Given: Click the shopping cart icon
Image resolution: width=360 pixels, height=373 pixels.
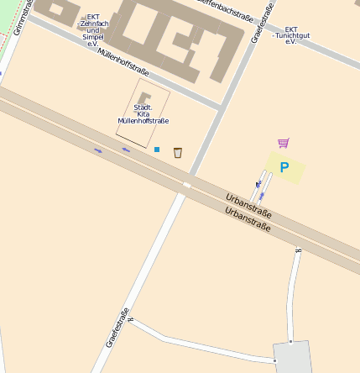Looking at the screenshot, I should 283,143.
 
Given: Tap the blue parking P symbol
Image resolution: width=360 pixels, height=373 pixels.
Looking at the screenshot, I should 284,167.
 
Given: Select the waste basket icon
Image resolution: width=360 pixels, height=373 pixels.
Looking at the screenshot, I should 178,152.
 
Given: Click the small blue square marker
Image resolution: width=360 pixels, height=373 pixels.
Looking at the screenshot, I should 156,150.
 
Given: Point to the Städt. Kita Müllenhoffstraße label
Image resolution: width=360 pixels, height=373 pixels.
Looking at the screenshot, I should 143,114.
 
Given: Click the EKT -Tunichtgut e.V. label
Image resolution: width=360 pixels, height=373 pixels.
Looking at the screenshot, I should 291,34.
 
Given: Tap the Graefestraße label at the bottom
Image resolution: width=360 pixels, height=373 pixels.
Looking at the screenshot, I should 117,328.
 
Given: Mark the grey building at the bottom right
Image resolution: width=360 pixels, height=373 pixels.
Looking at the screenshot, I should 290,358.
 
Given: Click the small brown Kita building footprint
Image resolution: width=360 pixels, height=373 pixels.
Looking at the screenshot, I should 144,98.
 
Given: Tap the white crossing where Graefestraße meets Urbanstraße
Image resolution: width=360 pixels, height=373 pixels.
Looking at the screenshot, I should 186,184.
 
